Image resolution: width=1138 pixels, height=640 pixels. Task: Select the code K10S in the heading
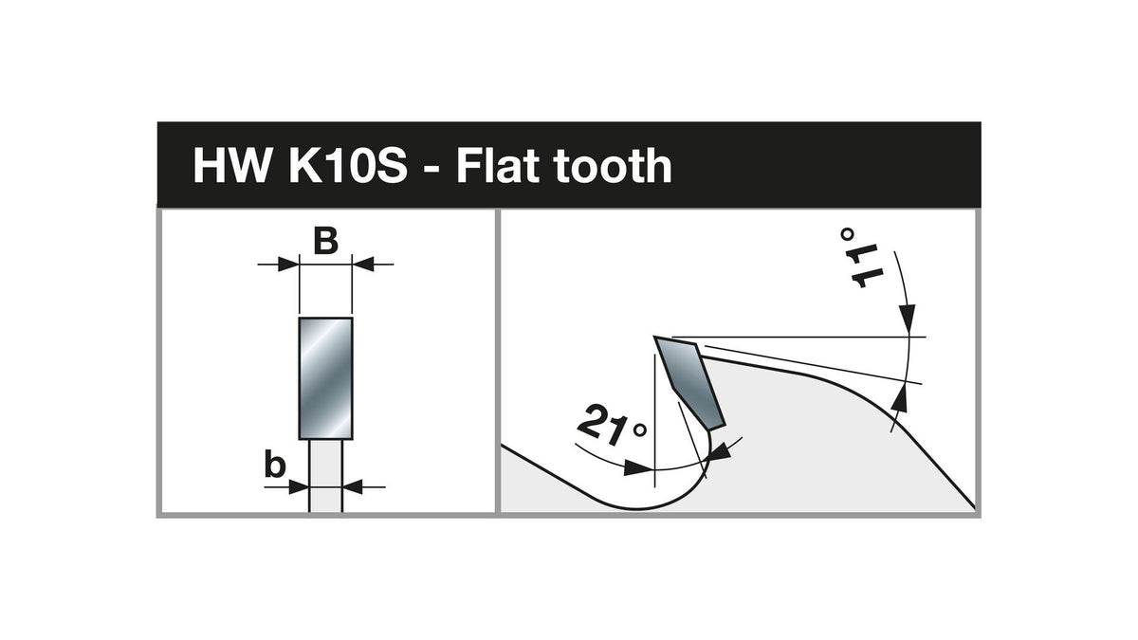[x=348, y=166]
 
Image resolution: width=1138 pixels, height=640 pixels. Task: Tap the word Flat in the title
[x=498, y=166]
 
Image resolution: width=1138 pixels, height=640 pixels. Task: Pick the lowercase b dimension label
[x=275, y=464]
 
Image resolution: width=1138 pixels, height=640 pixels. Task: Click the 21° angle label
[x=613, y=428]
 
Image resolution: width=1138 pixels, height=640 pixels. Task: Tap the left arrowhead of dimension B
[x=288, y=265]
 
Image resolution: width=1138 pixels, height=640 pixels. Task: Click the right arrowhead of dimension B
[x=363, y=265]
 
